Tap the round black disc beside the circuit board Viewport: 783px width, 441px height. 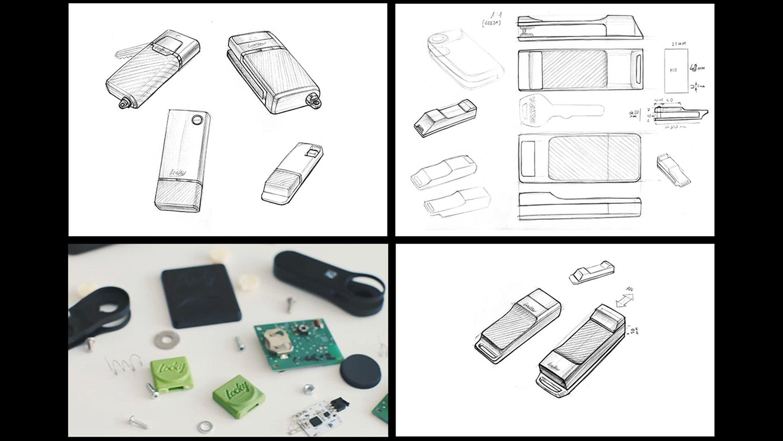tap(360, 372)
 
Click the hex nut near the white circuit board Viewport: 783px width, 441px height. tap(307, 388)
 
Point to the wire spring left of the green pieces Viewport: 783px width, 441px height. tap(124, 364)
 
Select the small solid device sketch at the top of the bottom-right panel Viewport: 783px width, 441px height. tap(592, 271)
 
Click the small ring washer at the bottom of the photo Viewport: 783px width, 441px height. tap(205, 426)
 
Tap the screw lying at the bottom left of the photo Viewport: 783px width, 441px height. tap(139, 423)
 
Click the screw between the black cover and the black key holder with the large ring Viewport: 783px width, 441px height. tap(290, 304)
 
